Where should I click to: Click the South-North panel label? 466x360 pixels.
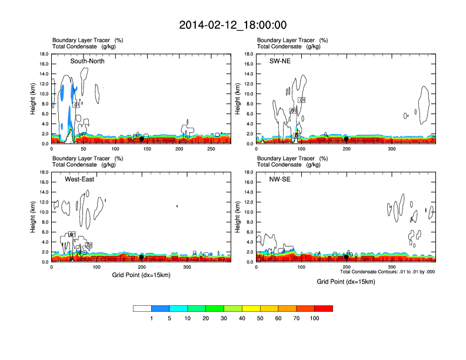87,61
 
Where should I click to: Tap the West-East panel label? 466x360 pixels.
81,179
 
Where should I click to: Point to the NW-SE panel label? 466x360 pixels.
281,179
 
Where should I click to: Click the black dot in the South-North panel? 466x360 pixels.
141,139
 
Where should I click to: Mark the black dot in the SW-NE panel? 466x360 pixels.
346,139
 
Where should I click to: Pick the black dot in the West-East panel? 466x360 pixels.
142,257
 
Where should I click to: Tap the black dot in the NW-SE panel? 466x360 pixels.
346,257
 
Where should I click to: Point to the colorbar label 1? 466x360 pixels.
151,318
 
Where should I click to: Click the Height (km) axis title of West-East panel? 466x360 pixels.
34,217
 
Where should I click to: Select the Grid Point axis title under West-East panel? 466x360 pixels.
141,275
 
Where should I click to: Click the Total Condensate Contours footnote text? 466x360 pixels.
388,272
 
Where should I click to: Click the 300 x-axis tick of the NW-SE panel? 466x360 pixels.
391,268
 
